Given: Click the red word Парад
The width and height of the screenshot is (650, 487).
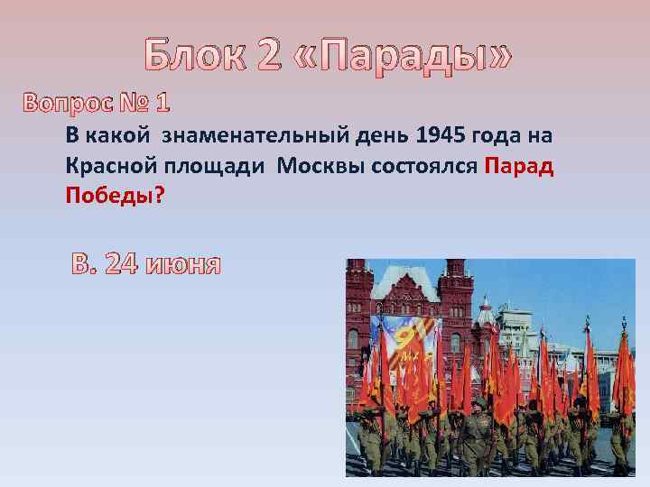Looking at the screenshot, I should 519,166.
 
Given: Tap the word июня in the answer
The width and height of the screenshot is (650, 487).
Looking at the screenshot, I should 181,265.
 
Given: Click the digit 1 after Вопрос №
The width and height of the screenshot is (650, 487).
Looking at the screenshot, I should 162,104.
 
